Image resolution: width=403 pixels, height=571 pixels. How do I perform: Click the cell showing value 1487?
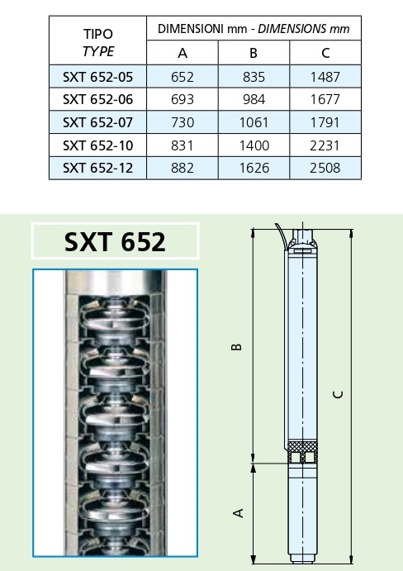click(325, 77)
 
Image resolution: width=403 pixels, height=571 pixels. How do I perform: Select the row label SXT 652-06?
click(98, 99)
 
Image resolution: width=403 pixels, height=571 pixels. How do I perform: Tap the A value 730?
click(183, 122)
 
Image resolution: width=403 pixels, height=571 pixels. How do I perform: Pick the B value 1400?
click(254, 145)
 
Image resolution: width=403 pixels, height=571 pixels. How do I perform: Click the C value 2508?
click(325, 168)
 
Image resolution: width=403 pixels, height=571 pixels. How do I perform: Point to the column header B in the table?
click(254, 53)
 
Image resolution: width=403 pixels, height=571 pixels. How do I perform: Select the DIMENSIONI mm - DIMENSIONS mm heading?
click(254, 28)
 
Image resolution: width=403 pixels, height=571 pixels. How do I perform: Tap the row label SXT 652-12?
click(98, 168)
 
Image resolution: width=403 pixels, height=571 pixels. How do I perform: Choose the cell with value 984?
click(254, 99)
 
